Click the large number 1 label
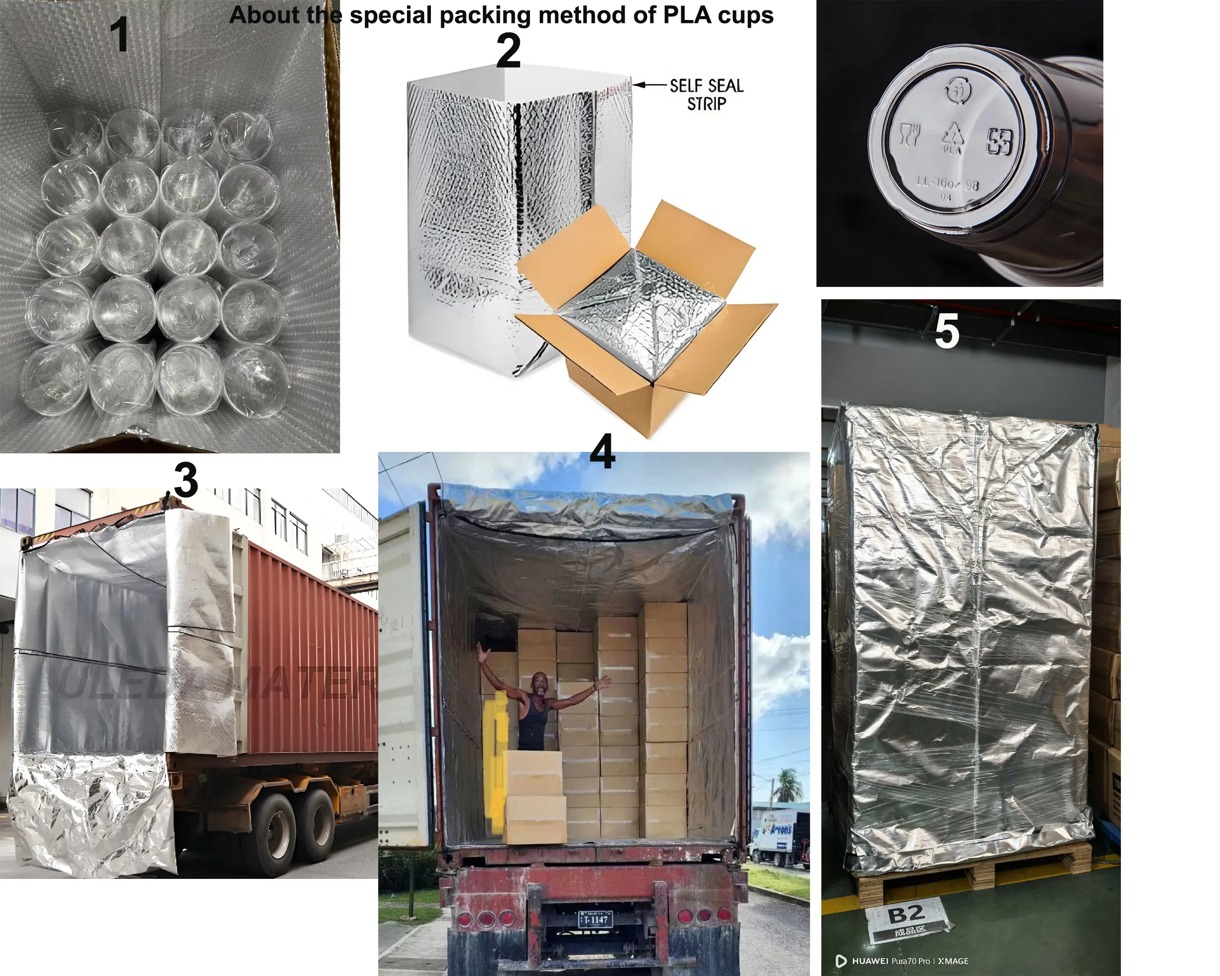coord(120,35)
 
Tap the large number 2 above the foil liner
coord(508,52)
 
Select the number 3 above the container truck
coord(185,480)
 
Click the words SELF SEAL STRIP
coord(706,95)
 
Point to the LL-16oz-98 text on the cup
coord(947,183)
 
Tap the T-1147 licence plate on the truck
coord(595,919)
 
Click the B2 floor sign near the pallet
coord(907,916)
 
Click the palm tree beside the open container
coord(787,784)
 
